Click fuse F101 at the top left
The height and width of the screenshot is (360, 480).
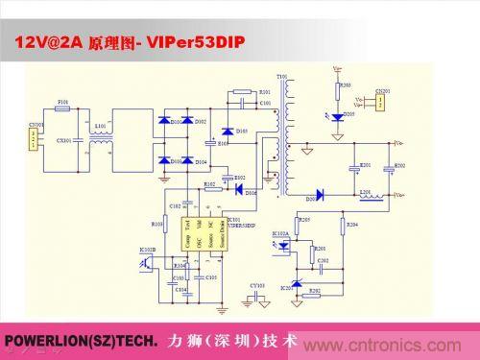[x=63, y=108]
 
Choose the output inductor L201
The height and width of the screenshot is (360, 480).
[x=366, y=196]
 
